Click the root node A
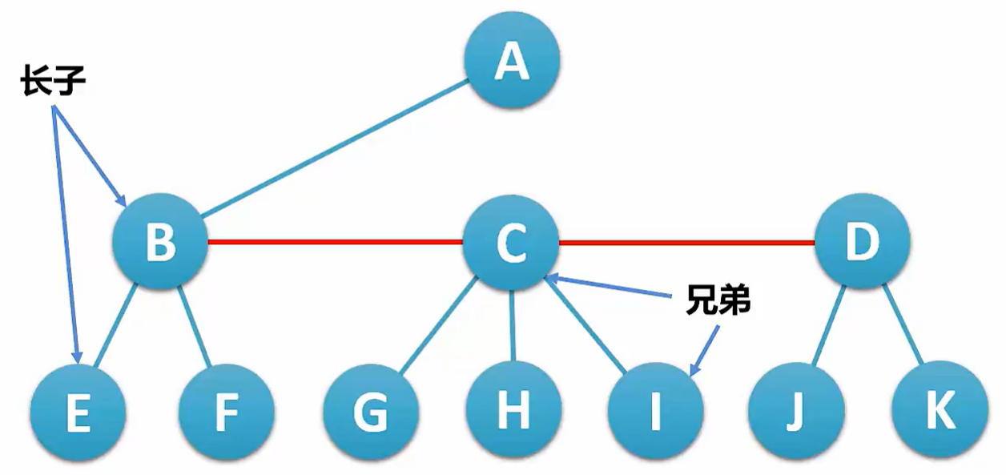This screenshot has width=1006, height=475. pos(512,60)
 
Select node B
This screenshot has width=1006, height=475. pos(160,241)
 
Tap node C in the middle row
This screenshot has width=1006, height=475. pos(511,243)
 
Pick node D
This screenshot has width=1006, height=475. pos(862,241)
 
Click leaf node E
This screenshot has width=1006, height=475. pos(78,413)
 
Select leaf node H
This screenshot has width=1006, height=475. pos(513,410)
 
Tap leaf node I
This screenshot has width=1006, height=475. pos(655,410)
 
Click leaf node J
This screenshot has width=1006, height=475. pos(796,412)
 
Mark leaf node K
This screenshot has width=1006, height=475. pos(939,410)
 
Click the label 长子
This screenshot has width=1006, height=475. pos(53,81)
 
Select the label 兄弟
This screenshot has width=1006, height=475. pos(718,300)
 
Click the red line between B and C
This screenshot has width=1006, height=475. pos(335,240)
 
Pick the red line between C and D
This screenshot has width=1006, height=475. pos(686,241)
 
